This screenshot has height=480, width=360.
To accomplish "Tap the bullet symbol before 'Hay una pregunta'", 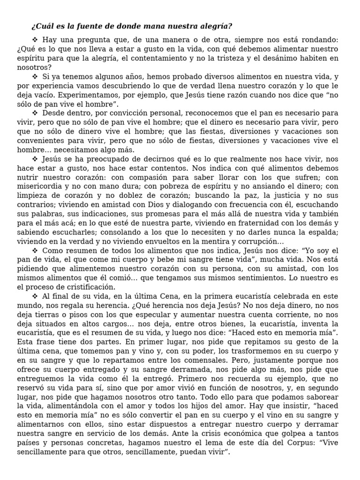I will (35, 41).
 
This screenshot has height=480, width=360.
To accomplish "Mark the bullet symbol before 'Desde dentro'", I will (35, 113).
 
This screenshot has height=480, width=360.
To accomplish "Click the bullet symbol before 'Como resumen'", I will (35, 250).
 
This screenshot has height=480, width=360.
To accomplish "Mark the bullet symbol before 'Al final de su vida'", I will (35, 296).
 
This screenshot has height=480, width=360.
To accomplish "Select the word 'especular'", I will (140, 315).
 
